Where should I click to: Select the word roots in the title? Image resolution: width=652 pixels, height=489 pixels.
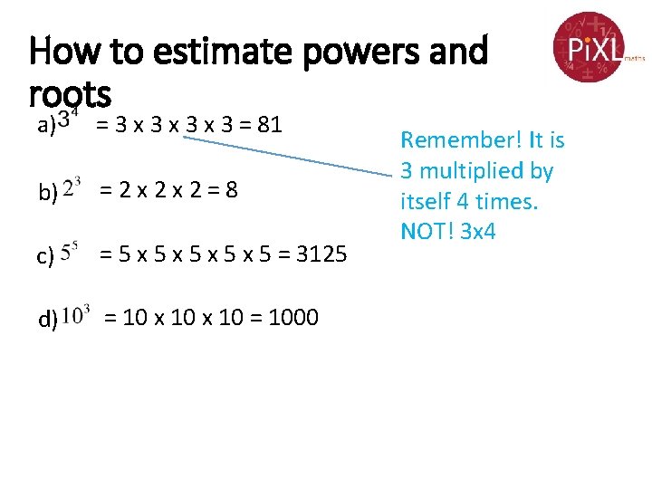tap(70, 92)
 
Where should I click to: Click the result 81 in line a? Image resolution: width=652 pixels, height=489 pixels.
tap(270, 124)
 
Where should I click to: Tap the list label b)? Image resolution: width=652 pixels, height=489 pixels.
tap(47, 192)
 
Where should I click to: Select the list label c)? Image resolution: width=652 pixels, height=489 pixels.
tap(45, 257)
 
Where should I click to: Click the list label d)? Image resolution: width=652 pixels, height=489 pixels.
tap(47, 318)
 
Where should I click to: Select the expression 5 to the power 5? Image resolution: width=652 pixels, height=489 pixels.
tap(73, 251)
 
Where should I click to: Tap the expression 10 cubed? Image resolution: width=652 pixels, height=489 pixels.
tap(77, 313)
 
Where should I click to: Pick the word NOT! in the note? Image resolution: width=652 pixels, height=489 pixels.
tap(428, 231)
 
